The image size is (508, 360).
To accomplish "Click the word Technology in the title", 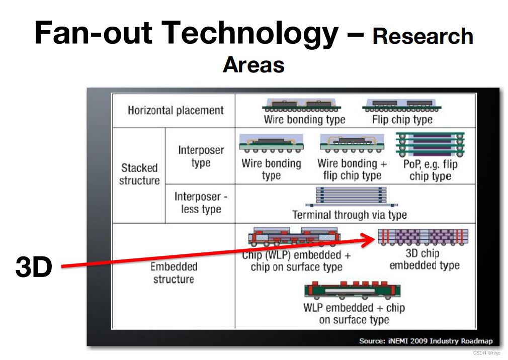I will tap(249, 33).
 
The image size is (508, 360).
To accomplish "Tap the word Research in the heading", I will tap(423, 36).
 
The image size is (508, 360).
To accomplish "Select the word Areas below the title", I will tap(253, 65).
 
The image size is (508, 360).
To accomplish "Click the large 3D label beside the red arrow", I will tap(34, 267).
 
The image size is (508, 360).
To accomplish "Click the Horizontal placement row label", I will tap(176, 110).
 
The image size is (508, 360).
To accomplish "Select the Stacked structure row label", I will tap(139, 174).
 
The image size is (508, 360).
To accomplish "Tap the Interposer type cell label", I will tap(201, 156).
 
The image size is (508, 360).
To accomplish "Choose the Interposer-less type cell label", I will tap(201, 203).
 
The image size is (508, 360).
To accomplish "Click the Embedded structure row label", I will tap(174, 273).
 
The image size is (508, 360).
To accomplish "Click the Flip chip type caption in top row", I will tap(402, 119).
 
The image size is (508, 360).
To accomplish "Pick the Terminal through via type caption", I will tap(350, 215).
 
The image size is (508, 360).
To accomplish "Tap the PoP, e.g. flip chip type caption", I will tap(430, 170).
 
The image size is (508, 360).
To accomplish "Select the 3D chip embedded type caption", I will tap(425, 259).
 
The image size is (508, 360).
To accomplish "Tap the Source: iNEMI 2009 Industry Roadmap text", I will tap(426, 341).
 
